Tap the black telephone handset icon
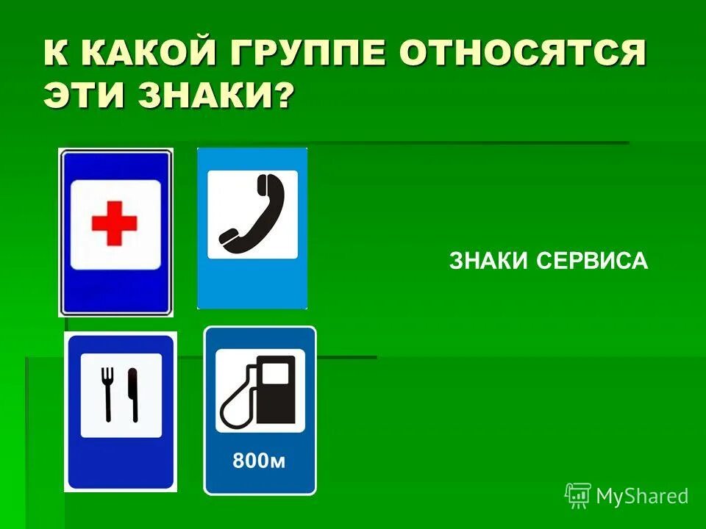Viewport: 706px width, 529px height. pyautogui.click(x=252, y=213)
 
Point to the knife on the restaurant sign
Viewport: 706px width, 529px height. pyautogui.click(x=133, y=395)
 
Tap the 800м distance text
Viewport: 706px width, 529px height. pyautogui.click(x=259, y=461)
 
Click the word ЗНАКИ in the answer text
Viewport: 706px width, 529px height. pyautogui.click(x=490, y=261)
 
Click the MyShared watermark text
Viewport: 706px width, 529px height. pyautogui.click(x=642, y=496)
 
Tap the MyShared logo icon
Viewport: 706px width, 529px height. pyautogui.click(x=578, y=495)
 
